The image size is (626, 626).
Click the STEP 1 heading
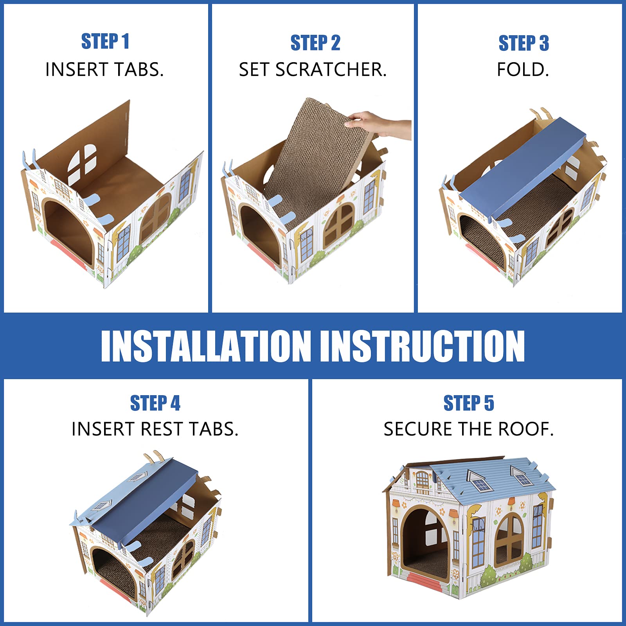(x=105, y=41)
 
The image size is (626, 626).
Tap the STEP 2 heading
(x=315, y=43)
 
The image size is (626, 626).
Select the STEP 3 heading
(x=523, y=43)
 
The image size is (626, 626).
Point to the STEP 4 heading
(x=155, y=403)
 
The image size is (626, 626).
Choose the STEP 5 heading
(x=469, y=403)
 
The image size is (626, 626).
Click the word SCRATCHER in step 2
(x=331, y=70)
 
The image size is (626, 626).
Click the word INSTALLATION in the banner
(x=206, y=346)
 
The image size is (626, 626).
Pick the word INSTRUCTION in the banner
(x=423, y=346)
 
